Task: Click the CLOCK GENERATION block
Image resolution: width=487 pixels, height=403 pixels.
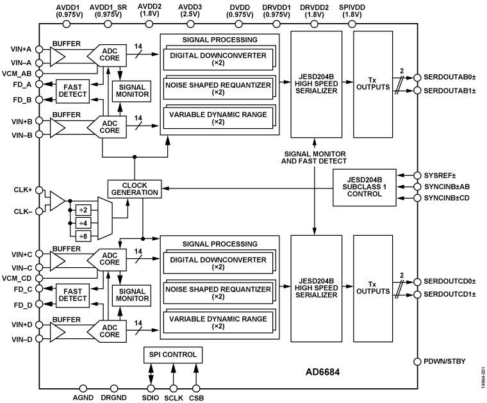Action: [x=135, y=188]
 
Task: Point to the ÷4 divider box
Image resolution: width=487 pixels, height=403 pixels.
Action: [x=83, y=222]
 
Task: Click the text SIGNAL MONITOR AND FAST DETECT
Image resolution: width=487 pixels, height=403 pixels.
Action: [x=314, y=158]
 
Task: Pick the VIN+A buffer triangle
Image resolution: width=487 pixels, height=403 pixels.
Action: [x=57, y=57]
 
